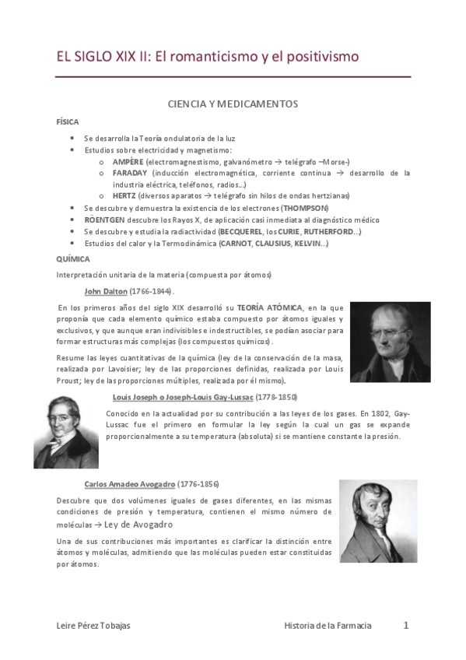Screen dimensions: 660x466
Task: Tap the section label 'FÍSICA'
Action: [x=68, y=122]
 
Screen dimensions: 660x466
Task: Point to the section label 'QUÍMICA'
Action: [x=73, y=257]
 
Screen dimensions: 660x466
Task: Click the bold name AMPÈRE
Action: [x=128, y=161]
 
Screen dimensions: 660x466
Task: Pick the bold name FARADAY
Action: [x=130, y=173]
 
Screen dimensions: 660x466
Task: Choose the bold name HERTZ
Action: [x=124, y=196]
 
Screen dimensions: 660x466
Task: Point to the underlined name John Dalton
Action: [x=105, y=291]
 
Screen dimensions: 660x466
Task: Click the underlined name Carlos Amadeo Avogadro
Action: [x=129, y=483]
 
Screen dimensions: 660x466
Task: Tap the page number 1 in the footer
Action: [x=405, y=625]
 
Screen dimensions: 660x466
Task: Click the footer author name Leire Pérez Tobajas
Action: [x=95, y=626]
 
